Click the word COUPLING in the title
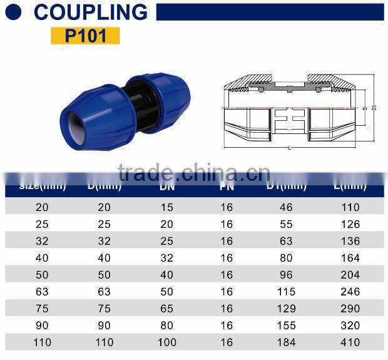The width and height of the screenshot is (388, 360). click(91, 12)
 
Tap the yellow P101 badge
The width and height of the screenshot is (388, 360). click(84, 35)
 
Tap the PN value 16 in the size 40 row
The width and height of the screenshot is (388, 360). click(226, 258)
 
